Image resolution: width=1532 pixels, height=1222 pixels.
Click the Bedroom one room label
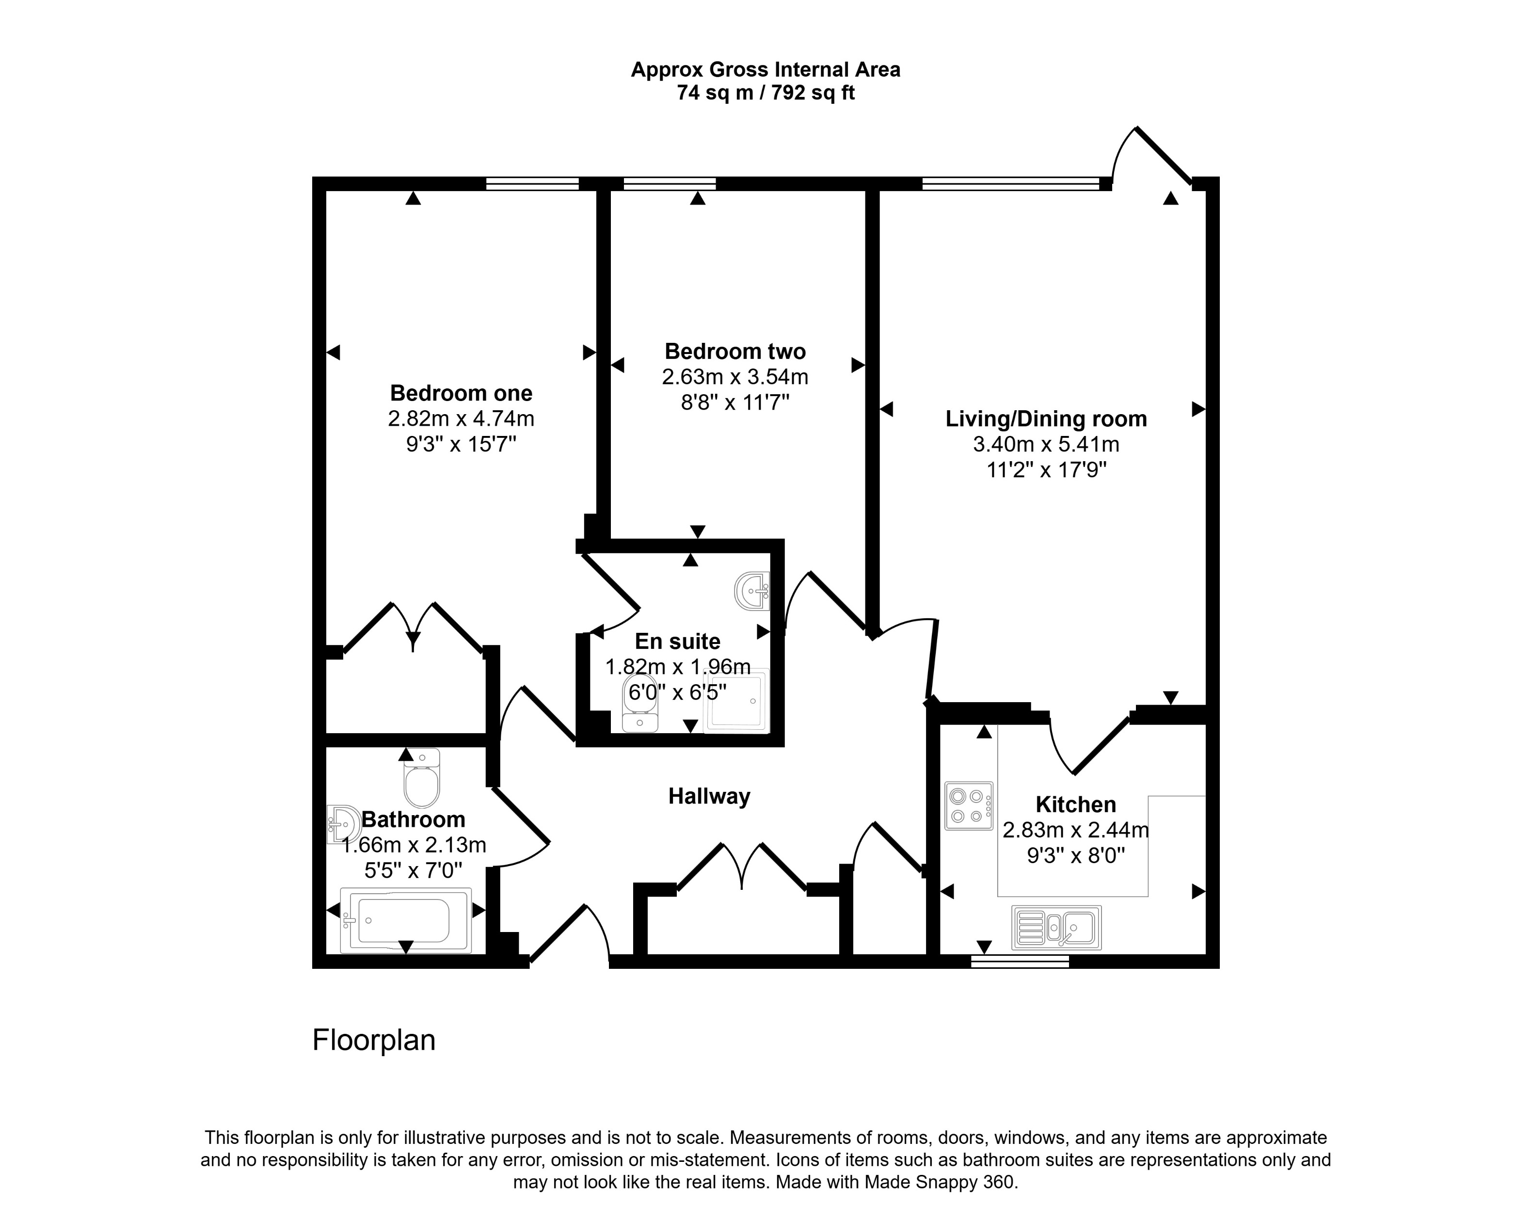click(461, 393)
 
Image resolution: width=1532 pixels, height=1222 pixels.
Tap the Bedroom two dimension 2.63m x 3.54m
click(735, 377)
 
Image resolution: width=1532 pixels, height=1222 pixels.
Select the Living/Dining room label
click(1045, 418)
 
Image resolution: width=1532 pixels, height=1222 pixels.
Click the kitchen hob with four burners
click(969, 805)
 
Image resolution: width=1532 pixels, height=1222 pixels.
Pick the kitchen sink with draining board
click(1056, 927)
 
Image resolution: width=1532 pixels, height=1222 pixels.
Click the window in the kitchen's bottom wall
click(1020, 961)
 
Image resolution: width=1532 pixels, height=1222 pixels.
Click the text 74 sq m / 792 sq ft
click(766, 93)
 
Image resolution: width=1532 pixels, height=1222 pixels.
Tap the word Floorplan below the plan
click(374, 1040)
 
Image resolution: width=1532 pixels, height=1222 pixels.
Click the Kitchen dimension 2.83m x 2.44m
click(1075, 830)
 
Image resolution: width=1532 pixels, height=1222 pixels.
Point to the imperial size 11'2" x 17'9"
click(1047, 470)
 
